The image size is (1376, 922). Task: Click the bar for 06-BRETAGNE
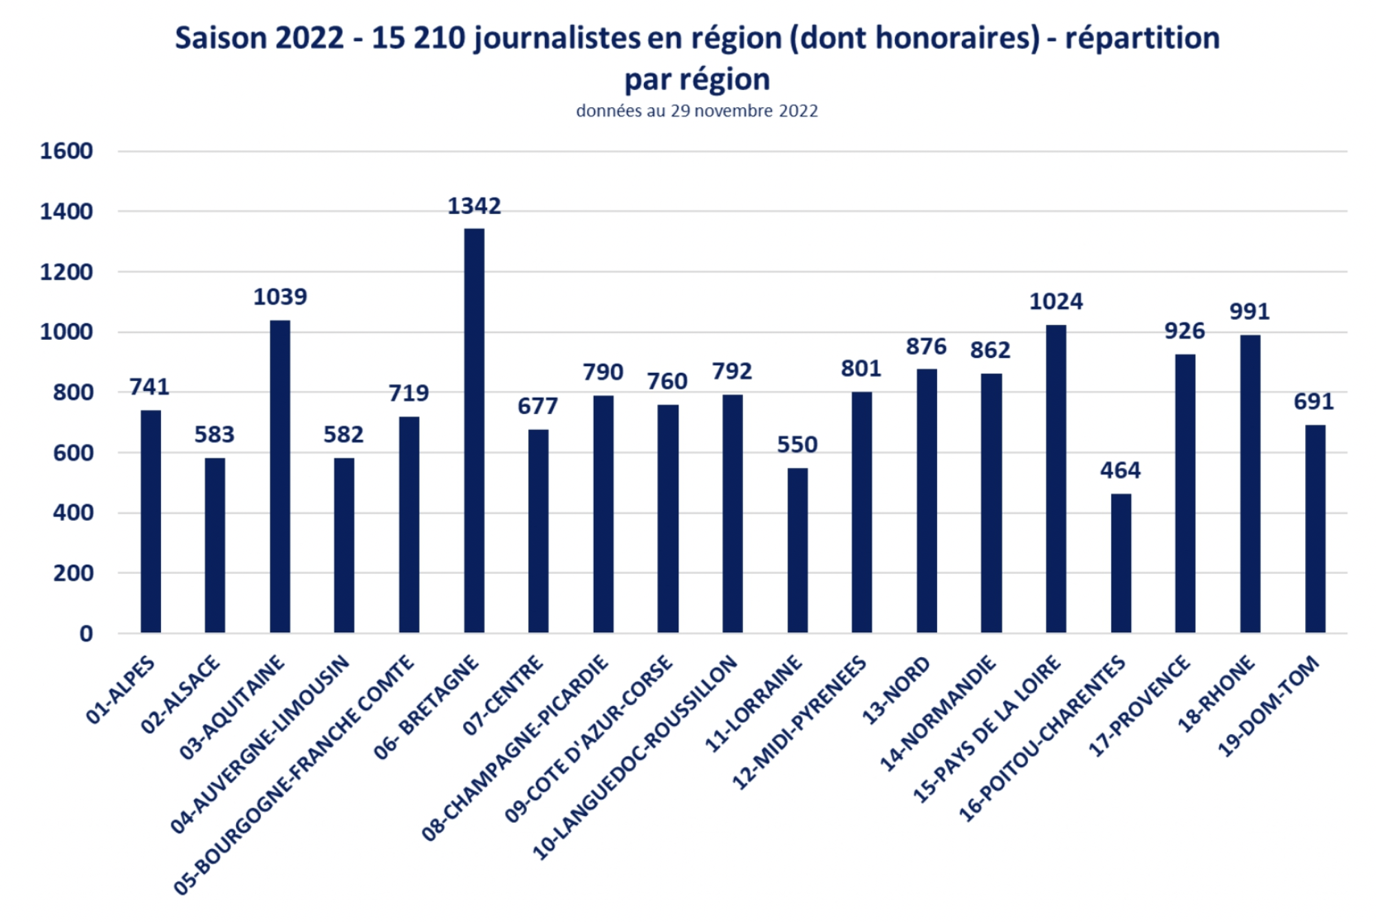pyautogui.click(x=474, y=430)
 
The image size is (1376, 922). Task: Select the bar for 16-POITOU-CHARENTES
pyautogui.click(x=1121, y=563)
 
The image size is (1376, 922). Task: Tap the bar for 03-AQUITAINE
pyautogui.click(x=280, y=476)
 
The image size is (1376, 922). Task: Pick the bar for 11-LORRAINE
pyautogui.click(x=797, y=550)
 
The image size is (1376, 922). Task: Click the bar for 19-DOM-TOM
pyautogui.click(x=1315, y=528)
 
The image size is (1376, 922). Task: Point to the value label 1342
pyautogui.click(x=474, y=206)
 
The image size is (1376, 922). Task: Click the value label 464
pyautogui.click(x=1120, y=470)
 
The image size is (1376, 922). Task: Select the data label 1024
pyautogui.click(x=1055, y=301)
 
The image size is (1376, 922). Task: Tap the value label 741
pyautogui.click(x=149, y=387)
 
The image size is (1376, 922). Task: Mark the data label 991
pyautogui.click(x=1249, y=312)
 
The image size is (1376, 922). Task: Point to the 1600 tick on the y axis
pyautogui.click(x=66, y=151)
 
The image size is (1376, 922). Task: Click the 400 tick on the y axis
pyautogui.click(x=73, y=513)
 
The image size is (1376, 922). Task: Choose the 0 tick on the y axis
pyautogui.click(x=86, y=633)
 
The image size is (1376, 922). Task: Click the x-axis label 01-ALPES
pyautogui.click(x=121, y=690)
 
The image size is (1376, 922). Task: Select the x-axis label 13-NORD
pyautogui.click(x=896, y=689)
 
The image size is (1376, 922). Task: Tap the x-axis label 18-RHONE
pyautogui.click(x=1216, y=693)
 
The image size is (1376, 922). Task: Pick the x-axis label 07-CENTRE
pyautogui.click(x=503, y=695)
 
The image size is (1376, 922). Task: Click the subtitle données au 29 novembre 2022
pyautogui.click(x=697, y=111)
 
